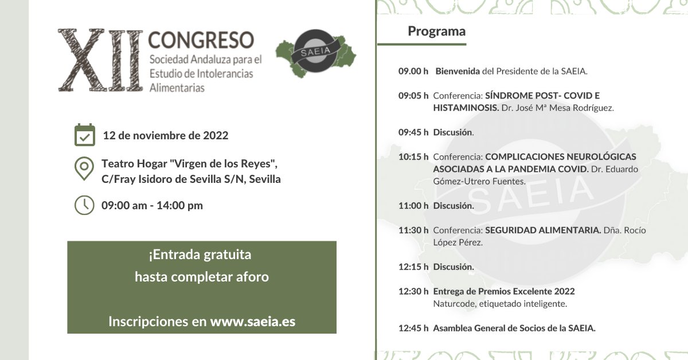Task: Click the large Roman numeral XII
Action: pyautogui.click(x=100, y=61)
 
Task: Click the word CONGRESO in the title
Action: pyautogui.click(x=201, y=40)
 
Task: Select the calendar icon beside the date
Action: pyautogui.click(x=85, y=135)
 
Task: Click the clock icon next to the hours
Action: pyautogui.click(x=84, y=205)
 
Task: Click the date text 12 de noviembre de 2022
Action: pyautogui.click(x=165, y=136)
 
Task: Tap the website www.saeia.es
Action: pyautogui.click(x=253, y=322)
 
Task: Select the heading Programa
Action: pyautogui.click(x=436, y=31)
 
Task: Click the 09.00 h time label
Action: pyautogui.click(x=413, y=72)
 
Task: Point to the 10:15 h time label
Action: pyautogui.click(x=413, y=156)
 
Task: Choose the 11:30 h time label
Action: pyautogui.click(x=413, y=230)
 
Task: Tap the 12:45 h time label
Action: pyautogui.click(x=413, y=328)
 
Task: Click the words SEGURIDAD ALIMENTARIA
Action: pyautogui.click(x=543, y=230)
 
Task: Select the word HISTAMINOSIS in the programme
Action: pyautogui.click(x=466, y=108)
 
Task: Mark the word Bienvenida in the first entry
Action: pyautogui.click(x=458, y=72)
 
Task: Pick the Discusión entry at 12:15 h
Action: pyautogui.click(x=454, y=267)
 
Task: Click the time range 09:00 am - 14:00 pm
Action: pyautogui.click(x=152, y=205)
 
